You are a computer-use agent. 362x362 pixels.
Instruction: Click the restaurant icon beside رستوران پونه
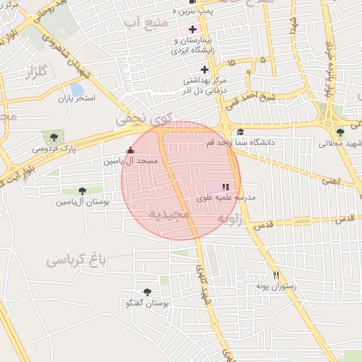tap(276, 275)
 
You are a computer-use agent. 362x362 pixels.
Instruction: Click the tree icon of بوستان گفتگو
tap(147, 292)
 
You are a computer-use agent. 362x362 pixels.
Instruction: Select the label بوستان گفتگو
tap(146, 304)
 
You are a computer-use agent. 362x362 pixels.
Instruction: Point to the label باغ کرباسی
tap(76, 260)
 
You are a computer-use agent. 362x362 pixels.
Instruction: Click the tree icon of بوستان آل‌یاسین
tap(82, 190)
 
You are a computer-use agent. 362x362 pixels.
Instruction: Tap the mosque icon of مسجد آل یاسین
tap(129, 150)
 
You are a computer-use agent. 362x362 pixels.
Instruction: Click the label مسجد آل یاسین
tap(132, 161)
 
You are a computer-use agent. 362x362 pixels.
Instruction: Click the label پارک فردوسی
tap(54, 148)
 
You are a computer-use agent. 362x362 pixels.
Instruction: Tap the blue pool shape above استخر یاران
tap(76, 90)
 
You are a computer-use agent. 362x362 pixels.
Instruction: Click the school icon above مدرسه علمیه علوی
tap(226, 187)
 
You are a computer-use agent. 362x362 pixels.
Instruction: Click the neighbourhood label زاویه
tap(250, 220)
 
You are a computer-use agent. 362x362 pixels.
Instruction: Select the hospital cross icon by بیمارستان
tap(192, 30)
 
